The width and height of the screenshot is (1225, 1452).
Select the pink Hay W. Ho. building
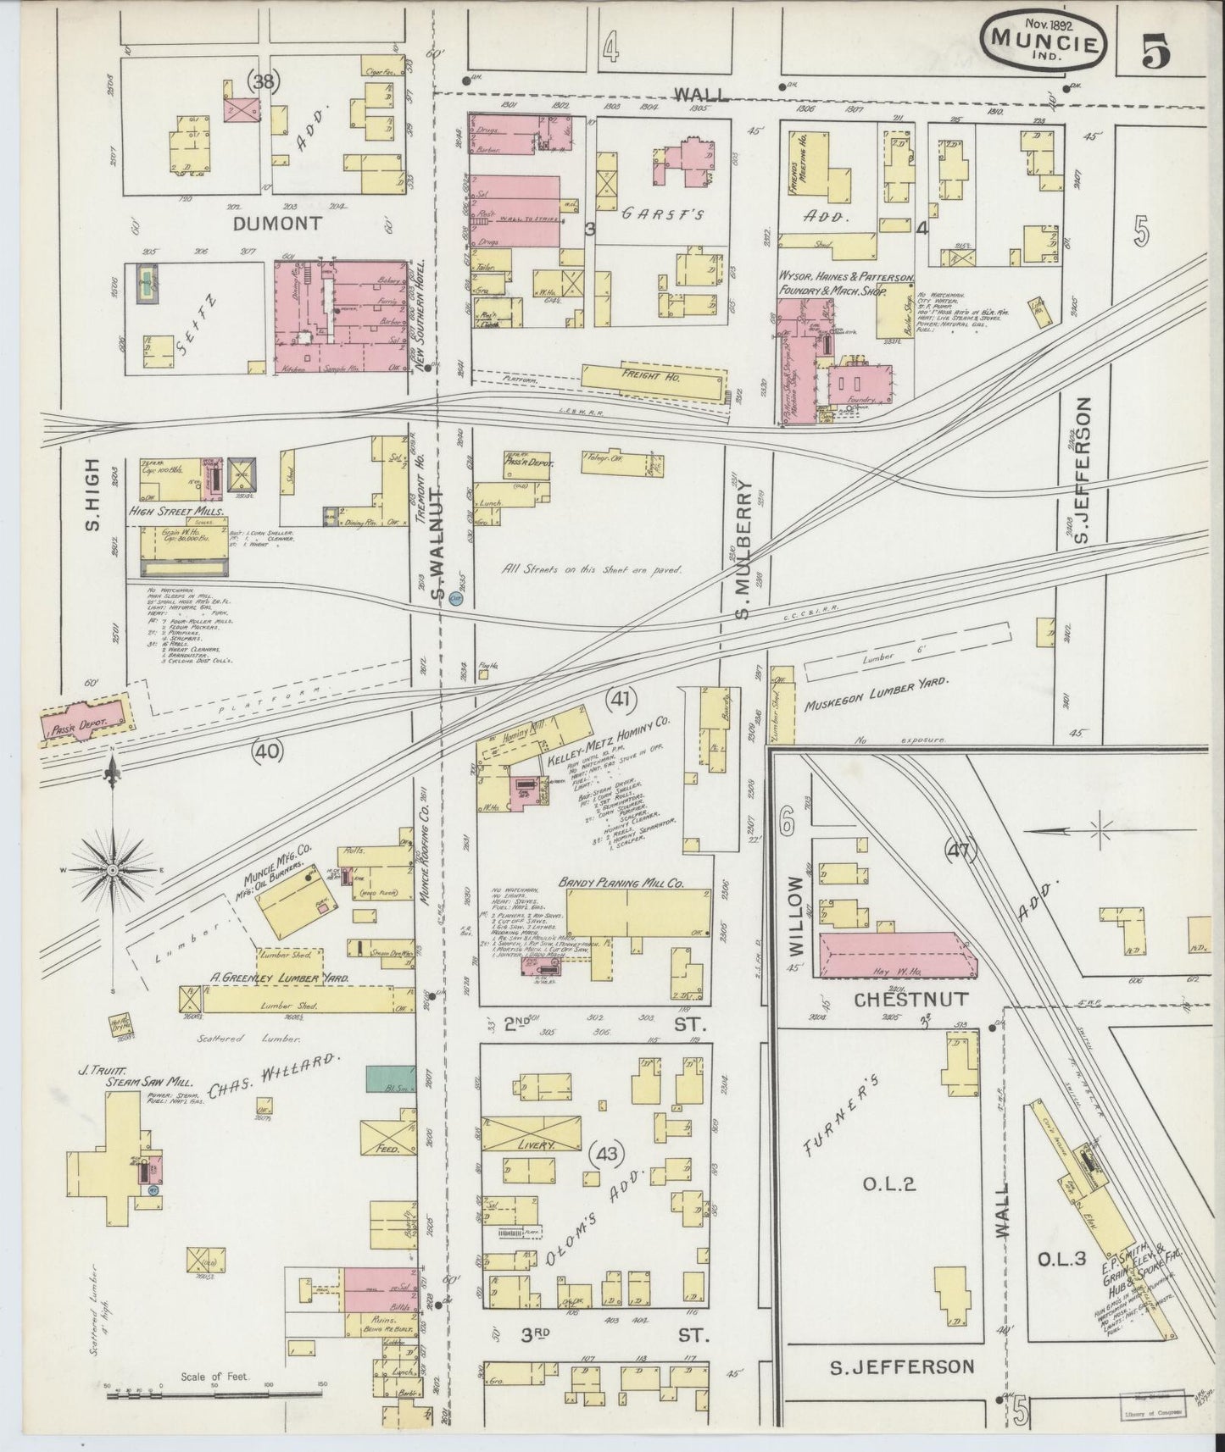[x=895, y=956]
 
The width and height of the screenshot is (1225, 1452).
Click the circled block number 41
[x=622, y=699]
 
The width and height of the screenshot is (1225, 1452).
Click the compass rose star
[x=113, y=870]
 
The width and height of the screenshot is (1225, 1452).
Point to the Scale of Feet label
[x=214, y=1377]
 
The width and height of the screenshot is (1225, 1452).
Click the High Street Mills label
[x=176, y=513]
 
